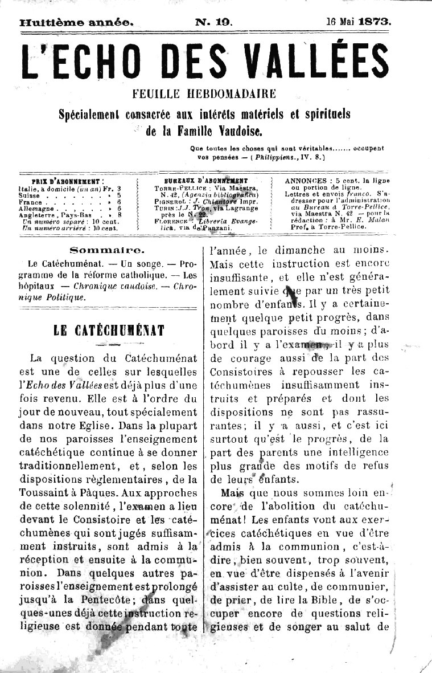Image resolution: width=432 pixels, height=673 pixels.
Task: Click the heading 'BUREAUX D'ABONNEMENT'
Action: [206, 180]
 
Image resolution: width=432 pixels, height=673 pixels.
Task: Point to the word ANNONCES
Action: [305, 180]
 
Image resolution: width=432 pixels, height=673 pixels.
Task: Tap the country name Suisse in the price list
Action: [30, 194]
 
